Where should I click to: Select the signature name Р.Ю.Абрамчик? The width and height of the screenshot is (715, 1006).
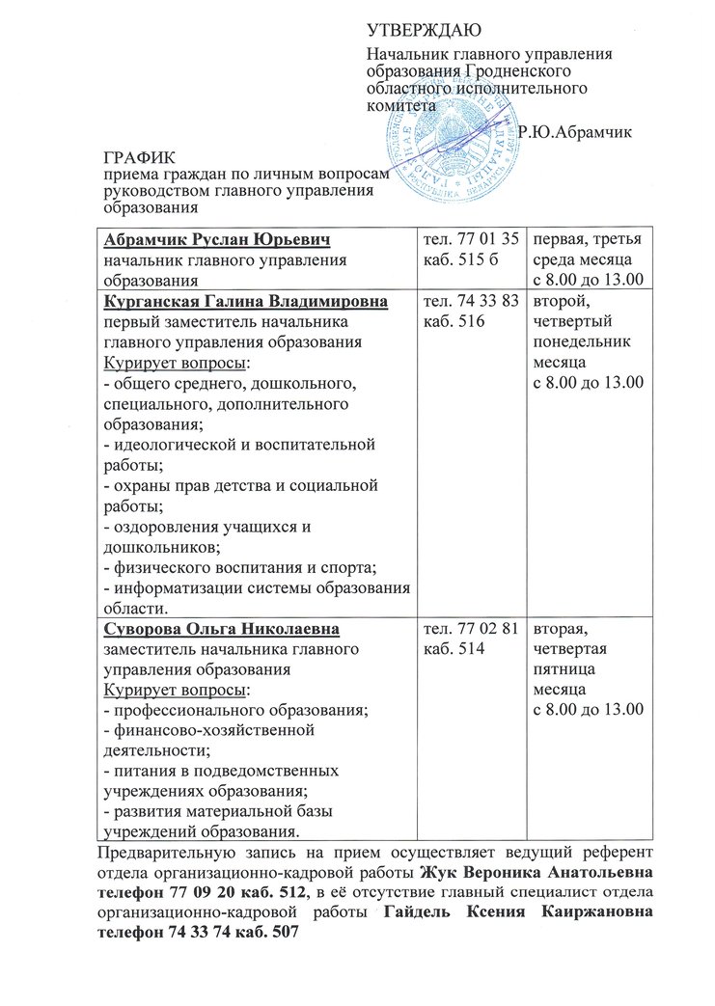(x=575, y=132)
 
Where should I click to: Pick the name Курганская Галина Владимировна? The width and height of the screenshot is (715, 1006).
(x=246, y=303)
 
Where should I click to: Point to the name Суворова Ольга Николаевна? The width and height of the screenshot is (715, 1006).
(x=221, y=631)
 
